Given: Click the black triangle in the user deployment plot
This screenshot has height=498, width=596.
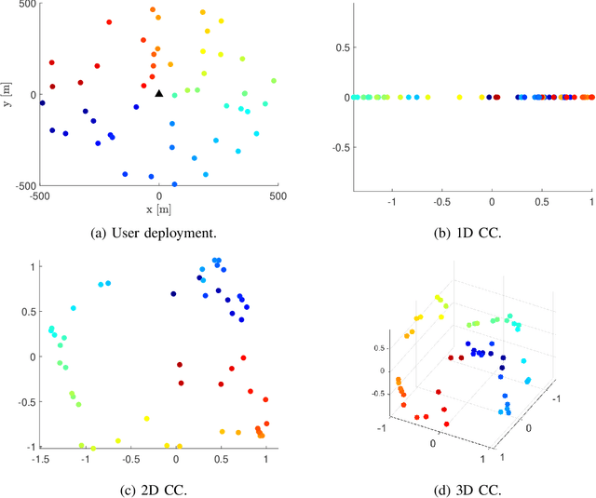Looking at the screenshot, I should (158, 93).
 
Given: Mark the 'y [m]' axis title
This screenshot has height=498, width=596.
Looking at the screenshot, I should (7, 95).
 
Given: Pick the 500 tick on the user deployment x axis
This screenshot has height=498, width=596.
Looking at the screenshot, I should (275, 197).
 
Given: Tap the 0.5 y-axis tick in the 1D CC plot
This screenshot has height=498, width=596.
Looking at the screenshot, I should (345, 47).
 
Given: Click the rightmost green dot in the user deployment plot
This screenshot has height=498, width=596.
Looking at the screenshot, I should (274, 81).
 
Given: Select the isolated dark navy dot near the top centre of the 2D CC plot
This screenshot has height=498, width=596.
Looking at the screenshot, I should (173, 294).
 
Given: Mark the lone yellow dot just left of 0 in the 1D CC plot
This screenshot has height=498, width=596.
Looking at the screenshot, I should (460, 97).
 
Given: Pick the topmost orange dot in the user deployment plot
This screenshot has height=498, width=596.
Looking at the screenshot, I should (153, 10).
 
